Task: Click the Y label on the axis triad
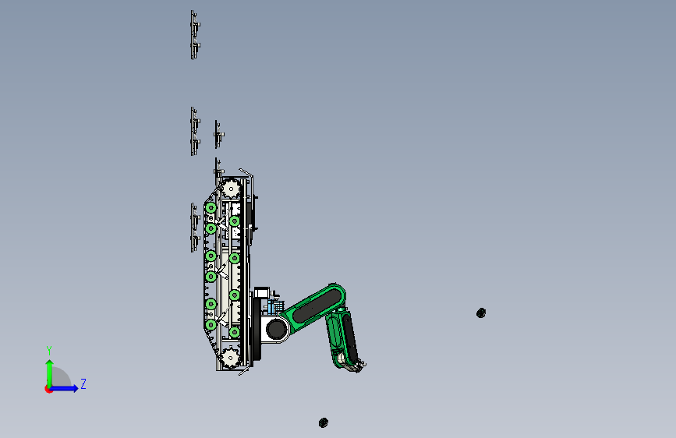[49, 351]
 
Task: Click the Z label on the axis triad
[83, 383]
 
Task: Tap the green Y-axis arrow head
[50, 364]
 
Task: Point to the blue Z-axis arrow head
[75, 388]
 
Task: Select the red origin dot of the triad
[48, 389]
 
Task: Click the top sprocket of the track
[231, 189]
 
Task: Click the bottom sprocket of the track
[231, 357]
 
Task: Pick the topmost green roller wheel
[211, 208]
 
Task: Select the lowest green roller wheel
[235, 332]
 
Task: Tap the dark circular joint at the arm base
[276, 329]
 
